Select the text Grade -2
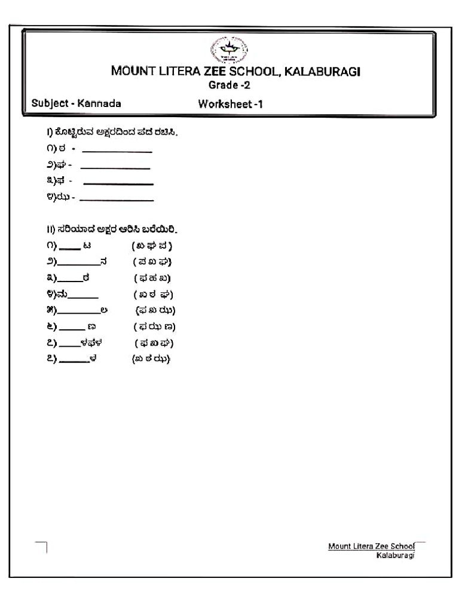coord(229,85)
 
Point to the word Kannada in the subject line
coord(99,103)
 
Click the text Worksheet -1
coord(231,104)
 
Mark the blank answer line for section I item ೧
coord(117,151)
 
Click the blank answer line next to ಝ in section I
coord(117,199)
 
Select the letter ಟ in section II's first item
coord(87,246)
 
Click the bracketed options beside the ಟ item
coord(152,246)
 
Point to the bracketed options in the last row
coord(151,359)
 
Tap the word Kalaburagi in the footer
coord(394,555)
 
